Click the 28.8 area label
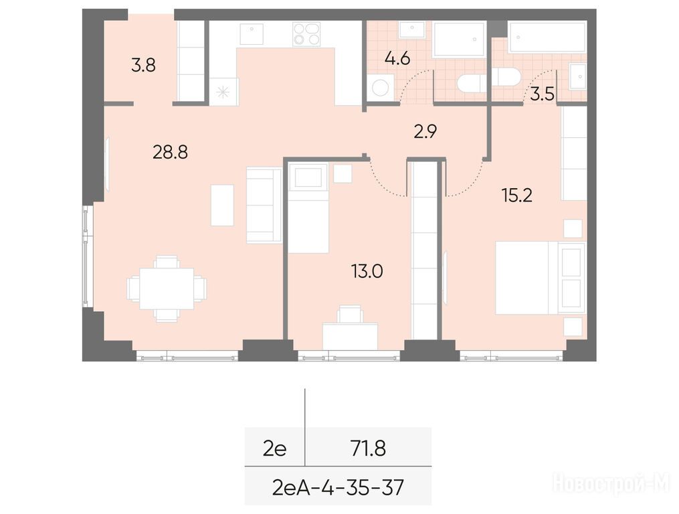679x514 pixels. [170, 153]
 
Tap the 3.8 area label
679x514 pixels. [143, 66]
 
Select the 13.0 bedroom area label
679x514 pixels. [367, 272]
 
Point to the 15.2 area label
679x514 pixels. [517, 195]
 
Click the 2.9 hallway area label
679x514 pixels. [425, 131]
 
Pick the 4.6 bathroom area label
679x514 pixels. [397, 58]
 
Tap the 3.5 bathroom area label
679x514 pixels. [543, 94]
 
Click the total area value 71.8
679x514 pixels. [369, 448]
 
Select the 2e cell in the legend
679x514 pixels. [274, 448]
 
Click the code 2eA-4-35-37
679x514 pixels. [338, 487]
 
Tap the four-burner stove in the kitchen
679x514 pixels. [306, 34]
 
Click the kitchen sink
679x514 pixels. [252, 33]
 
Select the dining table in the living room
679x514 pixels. [167, 288]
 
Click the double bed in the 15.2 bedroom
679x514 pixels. [541, 278]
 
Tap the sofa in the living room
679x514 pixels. [264, 205]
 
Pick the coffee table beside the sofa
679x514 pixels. [222, 205]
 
